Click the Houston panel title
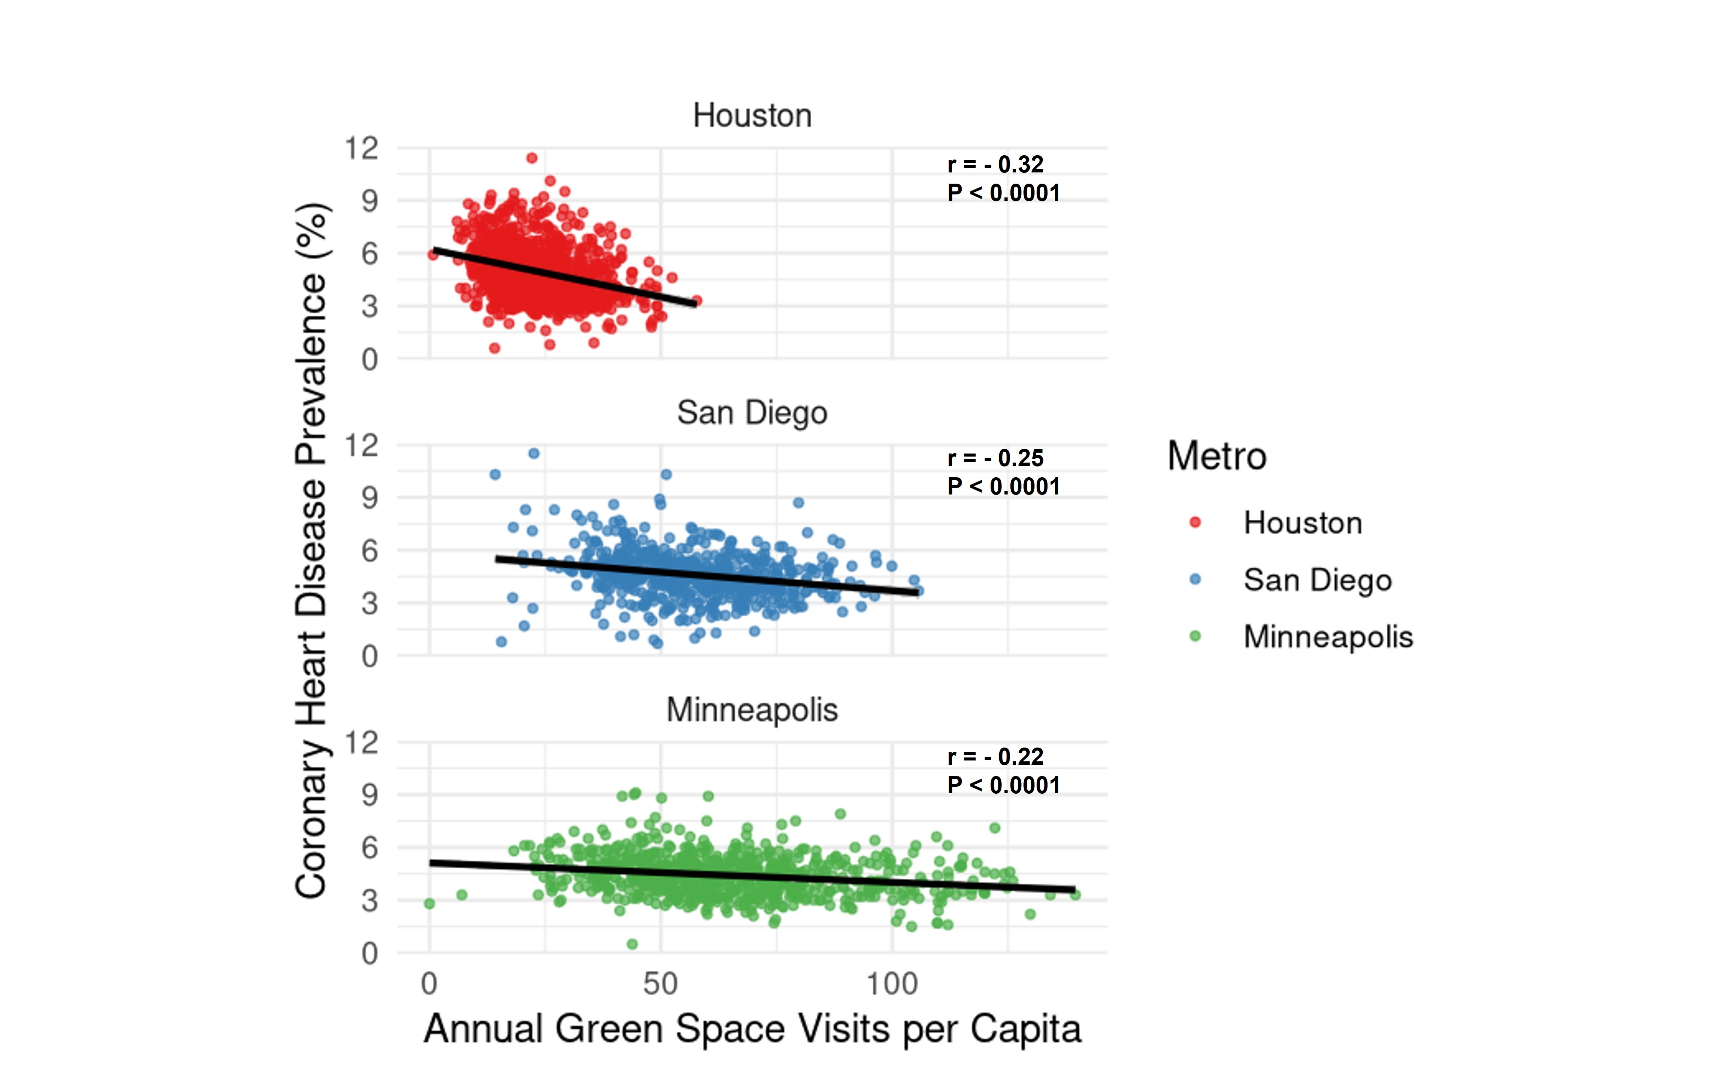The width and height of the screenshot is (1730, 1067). (x=752, y=116)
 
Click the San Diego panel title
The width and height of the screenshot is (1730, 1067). (x=752, y=413)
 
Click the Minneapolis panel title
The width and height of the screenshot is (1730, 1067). (x=752, y=710)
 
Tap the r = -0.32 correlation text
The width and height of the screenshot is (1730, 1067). (x=995, y=164)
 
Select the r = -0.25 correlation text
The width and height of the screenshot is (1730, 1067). (x=995, y=458)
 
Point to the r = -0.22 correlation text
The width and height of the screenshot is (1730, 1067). (x=995, y=757)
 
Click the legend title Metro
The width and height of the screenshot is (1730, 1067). (x=1217, y=456)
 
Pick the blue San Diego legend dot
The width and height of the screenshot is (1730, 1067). (x=1195, y=579)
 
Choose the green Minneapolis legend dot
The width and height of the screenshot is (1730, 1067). (x=1195, y=636)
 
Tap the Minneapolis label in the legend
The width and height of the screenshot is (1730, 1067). (x=1327, y=636)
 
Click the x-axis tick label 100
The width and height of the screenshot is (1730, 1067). (x=892, y=984)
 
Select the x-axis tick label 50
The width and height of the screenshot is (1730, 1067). (x=660, y=984)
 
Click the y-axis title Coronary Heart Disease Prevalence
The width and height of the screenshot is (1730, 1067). (x=311, y=551)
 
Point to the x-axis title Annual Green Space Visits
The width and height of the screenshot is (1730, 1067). (x=752, y=1029)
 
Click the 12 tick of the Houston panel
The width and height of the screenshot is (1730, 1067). (x=361, y=149)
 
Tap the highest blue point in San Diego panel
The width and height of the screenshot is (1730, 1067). (x=534, y=453)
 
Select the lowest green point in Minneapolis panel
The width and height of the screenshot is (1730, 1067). (x=632, y=944)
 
